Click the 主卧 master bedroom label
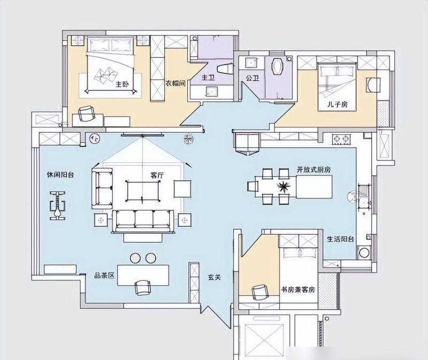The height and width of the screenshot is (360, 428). pyautogui.click(x=122, y=85)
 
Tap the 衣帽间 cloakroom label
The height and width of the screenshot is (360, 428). pyautogui.click(x=176, y=83)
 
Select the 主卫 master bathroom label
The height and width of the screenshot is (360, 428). pyautogui.click(x=208, y=78)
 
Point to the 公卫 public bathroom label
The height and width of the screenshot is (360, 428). pyautogui.click(x=252, y=78)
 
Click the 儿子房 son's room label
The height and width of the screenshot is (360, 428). pyautogui.click(x=338, y=104)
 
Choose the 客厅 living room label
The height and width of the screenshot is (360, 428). pyautogui.click(x=157, y=175)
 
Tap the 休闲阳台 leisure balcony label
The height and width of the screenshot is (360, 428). pyautogui.click(x=60, y=175)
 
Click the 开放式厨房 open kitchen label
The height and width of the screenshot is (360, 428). pyautogui.click(x=314, y=170)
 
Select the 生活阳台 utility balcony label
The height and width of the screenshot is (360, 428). pyautogui.click(x=340, y=239)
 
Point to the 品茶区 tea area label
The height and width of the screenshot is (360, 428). pyautogui.click(x=104, y=275)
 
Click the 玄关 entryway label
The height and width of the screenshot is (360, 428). pyautogui.click(x=215, y=277)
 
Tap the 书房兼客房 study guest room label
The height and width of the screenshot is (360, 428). pyautogui.click(x=298, y=289)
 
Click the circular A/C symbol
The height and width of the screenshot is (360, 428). pyautogui.click(x=95, y=139)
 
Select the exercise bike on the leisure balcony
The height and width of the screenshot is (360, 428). pyautogui.click(x=58, y=205)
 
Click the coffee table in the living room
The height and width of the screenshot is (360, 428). pyautogui.click(x=143, y=190)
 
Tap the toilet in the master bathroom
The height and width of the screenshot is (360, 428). pyautogui.click(x=225, y=68)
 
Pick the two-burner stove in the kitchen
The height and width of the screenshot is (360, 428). pyautogui.click(x=341, y=139)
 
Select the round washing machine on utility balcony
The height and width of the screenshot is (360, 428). pyautogui.click(x=364, y=252)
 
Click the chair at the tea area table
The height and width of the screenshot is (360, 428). pyautogui.click(x=142, y=288)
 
